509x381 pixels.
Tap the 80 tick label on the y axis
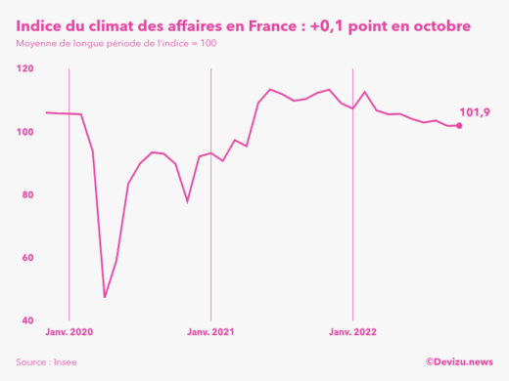(x=26, y=195)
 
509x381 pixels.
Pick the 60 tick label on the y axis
(x=26, y=258)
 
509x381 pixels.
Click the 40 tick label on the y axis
(x=26, y=320)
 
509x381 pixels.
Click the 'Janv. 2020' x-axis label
(x=69, y=333)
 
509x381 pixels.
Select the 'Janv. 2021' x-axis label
(x=211, y=333)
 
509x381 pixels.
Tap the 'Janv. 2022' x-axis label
(x=352, y=333)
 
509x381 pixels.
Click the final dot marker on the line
(x=459, y=125)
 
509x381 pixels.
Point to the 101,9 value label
(x=475, y=113)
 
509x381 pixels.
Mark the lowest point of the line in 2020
(x=105, y=297)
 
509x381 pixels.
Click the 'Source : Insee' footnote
(x=48, y=362)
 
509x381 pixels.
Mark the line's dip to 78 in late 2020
(x=187, y=201)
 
